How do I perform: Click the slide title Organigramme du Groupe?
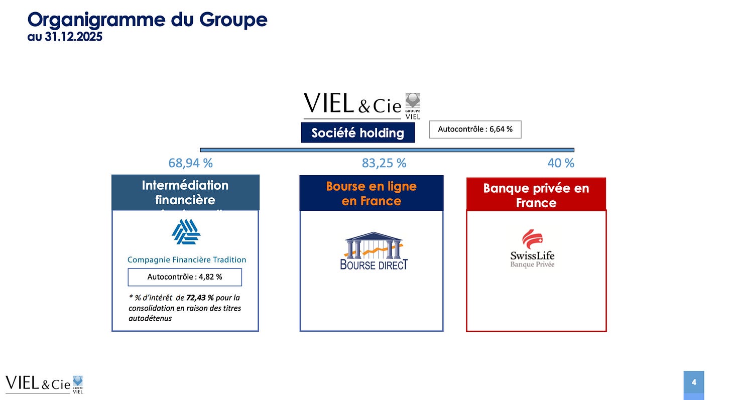[147, 20]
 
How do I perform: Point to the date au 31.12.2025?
[65, 37]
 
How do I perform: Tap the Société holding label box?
[357, 132]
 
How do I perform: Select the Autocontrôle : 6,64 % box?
[475, 129]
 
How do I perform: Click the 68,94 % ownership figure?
[190, 163]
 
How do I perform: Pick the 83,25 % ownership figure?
[384, 163]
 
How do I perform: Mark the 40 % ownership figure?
[560, 163]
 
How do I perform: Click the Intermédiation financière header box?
[185, 192]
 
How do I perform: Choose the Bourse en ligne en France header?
[371, 193]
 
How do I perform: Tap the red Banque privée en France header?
[536, 195]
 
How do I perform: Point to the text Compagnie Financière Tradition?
[187, 259]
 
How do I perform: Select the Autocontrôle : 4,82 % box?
[185, 277]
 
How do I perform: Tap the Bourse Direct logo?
[374, 251]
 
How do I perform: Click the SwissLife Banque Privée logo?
[533, 249]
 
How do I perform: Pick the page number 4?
[693, 382]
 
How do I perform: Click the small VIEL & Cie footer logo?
[44, 384]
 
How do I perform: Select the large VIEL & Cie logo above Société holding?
[361, 105]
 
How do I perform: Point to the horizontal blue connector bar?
[387, 150]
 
